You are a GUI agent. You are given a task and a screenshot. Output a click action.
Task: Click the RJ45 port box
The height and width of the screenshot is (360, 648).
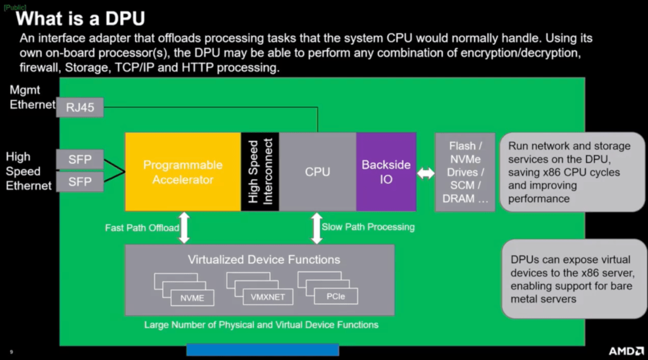point(80,108)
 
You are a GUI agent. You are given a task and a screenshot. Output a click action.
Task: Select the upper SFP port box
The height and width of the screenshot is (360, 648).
point(80,159)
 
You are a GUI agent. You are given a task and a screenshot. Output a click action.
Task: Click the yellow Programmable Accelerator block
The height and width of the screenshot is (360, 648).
point(183,172)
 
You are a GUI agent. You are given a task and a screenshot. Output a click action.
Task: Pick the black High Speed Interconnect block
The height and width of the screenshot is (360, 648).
point(260,172)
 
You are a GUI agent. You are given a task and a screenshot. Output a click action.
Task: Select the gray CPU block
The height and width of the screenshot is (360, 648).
point(318,172)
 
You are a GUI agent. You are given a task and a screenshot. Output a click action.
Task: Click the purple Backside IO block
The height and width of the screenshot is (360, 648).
point(386,172)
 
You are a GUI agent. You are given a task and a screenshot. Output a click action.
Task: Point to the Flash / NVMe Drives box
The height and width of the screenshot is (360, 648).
point(466,172)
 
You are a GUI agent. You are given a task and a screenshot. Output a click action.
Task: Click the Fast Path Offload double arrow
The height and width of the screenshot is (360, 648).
point(184,228)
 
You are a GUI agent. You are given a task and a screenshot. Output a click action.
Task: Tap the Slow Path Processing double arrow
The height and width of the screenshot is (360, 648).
point(316,228)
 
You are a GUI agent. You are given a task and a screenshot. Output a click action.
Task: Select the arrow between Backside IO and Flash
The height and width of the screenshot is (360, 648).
point(426,173)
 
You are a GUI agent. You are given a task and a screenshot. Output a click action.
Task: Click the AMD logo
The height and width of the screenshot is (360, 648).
point(626,351)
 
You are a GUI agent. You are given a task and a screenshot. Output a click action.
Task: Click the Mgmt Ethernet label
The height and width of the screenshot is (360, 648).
point(32,98)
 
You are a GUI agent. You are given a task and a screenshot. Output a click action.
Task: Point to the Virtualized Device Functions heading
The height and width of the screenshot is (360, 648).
point(264,260)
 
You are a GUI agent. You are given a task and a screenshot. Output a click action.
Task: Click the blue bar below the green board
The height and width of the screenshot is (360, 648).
point(263,350)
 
